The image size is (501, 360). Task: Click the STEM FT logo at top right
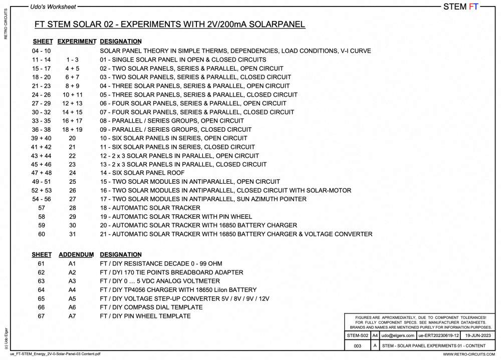[x=461, y=7]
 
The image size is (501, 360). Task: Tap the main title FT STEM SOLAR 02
[x=169, y=25]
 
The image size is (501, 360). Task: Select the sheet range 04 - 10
[x=41, y=51]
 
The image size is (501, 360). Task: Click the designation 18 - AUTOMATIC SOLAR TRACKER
[x=150, y=208]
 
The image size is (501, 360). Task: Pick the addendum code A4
[x=73, y=290]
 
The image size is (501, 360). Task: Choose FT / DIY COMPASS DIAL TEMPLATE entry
[x=151, y=307]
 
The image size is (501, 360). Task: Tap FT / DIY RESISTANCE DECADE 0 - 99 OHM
[x=161, y=264]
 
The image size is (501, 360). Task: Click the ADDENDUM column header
[x=76, y=255]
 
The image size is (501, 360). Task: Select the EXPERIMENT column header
[x=77, y=42]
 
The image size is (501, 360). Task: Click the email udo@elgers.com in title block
[x=398, y=335]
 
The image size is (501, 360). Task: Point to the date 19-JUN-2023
[x=478, y=335]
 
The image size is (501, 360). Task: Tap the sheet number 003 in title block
[x=357, y=346]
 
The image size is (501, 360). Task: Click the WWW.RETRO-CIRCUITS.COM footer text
[x=469, y=354]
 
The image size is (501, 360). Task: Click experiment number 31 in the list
[x=73, y=234]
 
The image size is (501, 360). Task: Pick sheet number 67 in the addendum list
[x=41, y=316]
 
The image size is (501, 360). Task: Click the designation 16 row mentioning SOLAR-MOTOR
[x=225, y=190]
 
